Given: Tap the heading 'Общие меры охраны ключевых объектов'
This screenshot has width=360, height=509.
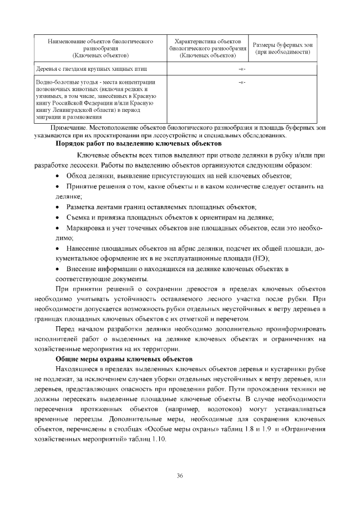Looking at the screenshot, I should click(x=124, y=358).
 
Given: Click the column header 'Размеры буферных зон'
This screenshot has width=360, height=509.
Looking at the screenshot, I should click(x=283, y=44).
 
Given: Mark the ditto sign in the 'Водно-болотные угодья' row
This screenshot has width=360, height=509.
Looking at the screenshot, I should click(x=242, y=83).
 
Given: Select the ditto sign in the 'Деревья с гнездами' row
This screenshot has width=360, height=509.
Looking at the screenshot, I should click(x=242, y=69).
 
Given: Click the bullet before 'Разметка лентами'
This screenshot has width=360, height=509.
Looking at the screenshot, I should click(x=58, y=207).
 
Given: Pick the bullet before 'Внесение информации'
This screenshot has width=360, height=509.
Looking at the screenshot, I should click(x=58, y=268).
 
